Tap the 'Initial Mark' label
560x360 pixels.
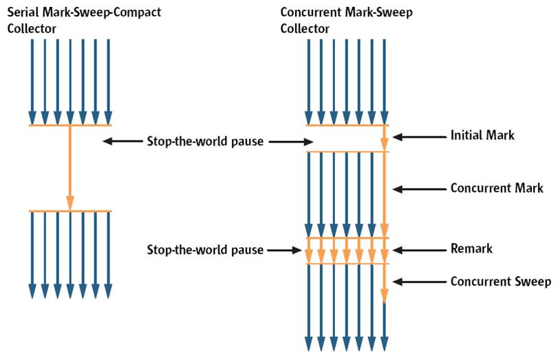point(482,136)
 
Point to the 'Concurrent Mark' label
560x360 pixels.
point(497,188)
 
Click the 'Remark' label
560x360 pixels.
point(471,249)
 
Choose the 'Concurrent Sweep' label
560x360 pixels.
point(500,282)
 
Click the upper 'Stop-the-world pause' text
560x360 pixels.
point(204,142)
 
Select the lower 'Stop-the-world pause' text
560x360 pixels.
point(204,250)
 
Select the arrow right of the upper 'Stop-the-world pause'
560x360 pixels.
point(290,142)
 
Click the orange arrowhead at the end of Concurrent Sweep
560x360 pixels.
point(385,296)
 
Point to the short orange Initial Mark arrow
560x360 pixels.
point(385,138)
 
